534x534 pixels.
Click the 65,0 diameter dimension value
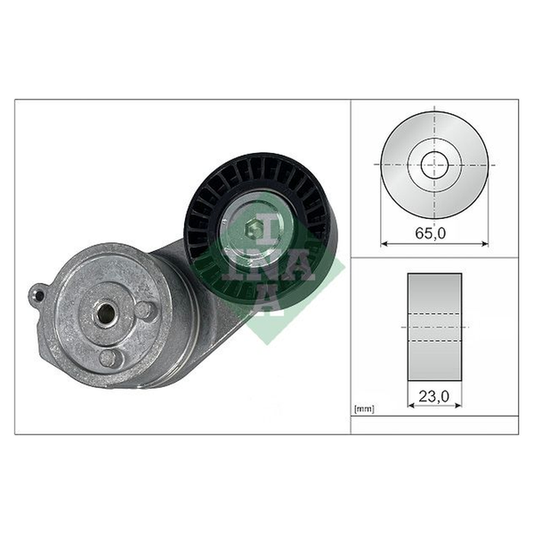click(x=430, y=233)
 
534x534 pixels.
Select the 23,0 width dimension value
click(x=433, y=396)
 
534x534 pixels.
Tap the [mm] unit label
click(x=364, y=409)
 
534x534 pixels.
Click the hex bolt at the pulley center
click(x=254, y=231)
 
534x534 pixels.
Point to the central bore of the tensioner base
click(x=105, y=313)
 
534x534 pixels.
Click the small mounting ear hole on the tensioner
click(x=39, y=295)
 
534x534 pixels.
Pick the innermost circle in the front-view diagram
click(x=434, y=165)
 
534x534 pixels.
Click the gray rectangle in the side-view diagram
click(x=434, y=327)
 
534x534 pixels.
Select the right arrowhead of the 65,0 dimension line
click(x=484, y=243)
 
